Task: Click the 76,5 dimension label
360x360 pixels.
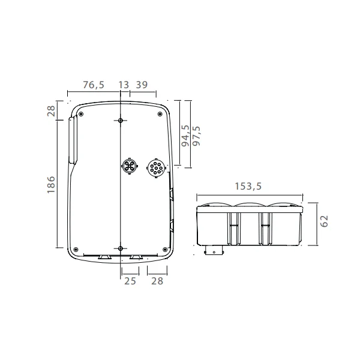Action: pyautogui.click(x=94, y=85)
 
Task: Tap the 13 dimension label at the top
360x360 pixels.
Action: pyautogui.click(x=124, y=85)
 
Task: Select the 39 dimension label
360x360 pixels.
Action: pyautogui.click(x=142, y=85)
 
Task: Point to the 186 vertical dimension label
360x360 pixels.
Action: pyautogui.click(x=51, y=185)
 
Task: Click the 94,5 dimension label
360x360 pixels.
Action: pyautogui.click(x=185, y=136)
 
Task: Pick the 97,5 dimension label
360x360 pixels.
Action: pyautogui.click(x=196, y=136)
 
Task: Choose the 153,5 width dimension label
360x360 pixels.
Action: pyautogui.click(x=248, y=186)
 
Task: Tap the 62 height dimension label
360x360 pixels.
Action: pyautogui.click(x=324, y=221)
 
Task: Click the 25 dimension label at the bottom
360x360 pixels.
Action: pyautogui.click(x=130, y=281)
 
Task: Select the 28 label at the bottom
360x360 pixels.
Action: pyautogui.click(x=157, y=281)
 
